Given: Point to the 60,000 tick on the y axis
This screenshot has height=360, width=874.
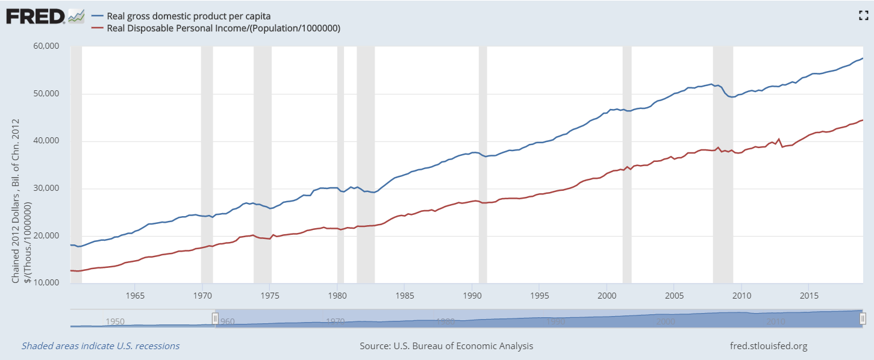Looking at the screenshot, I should (x=46, y=46).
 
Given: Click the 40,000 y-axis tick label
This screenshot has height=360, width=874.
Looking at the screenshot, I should (x=46, y=141).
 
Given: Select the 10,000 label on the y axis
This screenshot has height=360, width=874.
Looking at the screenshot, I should (x=46, y=283).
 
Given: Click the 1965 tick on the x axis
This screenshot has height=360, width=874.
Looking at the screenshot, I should (x=135, y=296).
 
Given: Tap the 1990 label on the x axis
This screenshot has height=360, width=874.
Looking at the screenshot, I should (x=472, y=296).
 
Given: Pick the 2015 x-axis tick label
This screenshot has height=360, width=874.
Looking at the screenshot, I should (x=809, y=296).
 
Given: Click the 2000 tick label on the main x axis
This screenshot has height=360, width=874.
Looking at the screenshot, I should (x=607, y=296).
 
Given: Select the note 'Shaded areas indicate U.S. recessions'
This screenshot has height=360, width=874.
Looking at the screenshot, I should (x=101, y=346).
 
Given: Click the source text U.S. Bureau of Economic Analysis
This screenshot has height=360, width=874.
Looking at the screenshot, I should (x=446, y=346).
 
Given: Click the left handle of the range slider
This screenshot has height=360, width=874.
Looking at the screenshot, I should (x=215, y=318).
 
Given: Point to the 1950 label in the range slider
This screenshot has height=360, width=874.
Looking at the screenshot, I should (x=115, y=321).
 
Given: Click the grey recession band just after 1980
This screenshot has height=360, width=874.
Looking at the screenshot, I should (x=341, y=163).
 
